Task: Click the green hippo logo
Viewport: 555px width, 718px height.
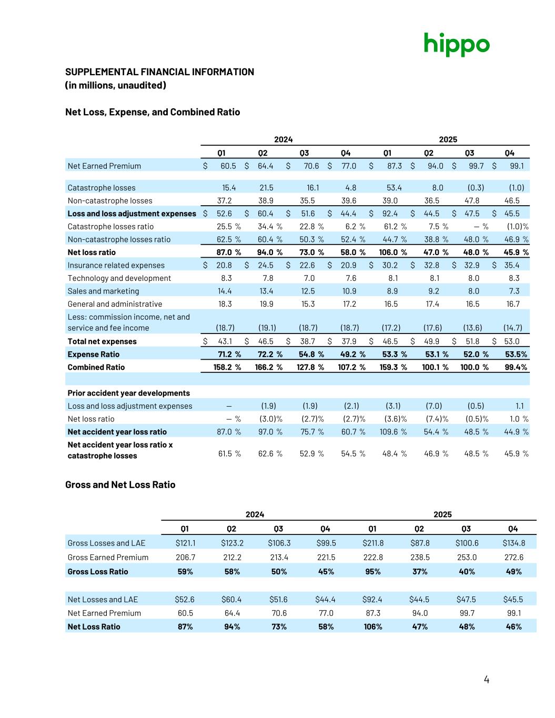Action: [x=457, y=44]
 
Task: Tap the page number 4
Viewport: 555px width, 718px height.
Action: [x=486, y=680]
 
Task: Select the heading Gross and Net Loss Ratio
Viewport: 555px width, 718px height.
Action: [x=120, y=484]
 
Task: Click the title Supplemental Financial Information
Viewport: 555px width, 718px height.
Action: [x=159, y=72]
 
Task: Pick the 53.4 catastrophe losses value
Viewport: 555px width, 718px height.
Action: [x=394, y=188]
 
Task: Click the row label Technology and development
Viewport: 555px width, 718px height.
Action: [x=119, y=278]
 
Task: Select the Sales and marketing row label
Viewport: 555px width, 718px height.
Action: [x=104, y=291]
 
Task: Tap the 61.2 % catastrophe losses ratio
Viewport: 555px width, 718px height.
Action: [x=394, y=227]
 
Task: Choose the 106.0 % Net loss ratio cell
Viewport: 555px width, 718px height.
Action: [x=392, y=252]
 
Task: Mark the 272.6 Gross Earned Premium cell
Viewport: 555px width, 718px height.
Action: [x=513, y=558]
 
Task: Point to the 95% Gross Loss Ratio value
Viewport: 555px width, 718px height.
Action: [x=372, y=572]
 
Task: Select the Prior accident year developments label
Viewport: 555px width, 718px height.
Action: [x=129, y=393]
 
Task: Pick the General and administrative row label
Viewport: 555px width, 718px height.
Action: [x=115, y=304]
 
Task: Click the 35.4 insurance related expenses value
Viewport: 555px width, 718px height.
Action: [x=511, y=265]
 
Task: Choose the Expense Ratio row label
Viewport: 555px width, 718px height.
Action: [x=94, y=355]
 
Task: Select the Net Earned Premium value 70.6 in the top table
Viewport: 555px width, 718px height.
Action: [x=311, y=166]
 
